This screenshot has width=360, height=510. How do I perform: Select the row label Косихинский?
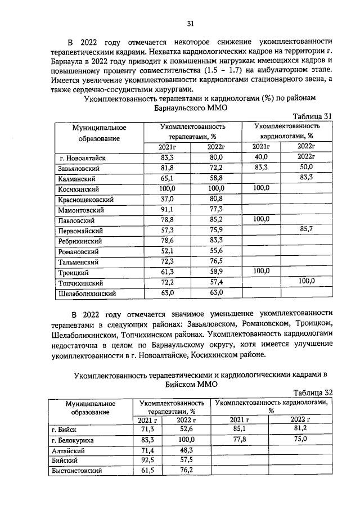(79, 188)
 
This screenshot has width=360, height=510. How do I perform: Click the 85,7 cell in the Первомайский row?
(306, 230)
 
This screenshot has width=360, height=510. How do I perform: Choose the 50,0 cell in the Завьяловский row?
(306, 168)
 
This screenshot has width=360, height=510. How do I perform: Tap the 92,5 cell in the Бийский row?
(147, 461)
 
